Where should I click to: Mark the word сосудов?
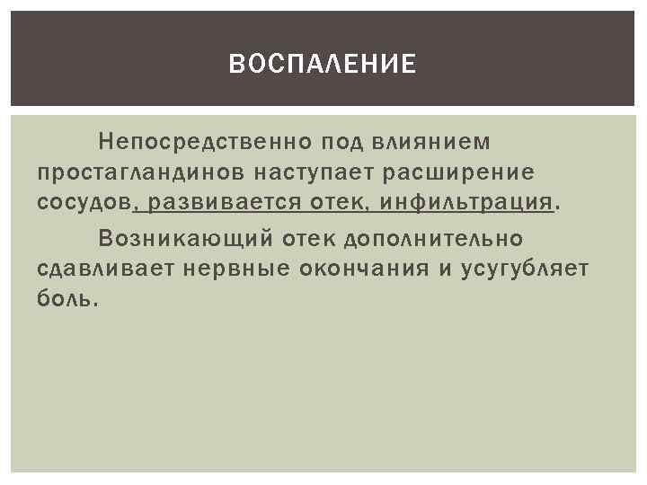[84, 202]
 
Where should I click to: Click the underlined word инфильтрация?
[466, 202]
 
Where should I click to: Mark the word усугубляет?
[525, 268]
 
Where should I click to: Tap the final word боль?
[65, 298]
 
